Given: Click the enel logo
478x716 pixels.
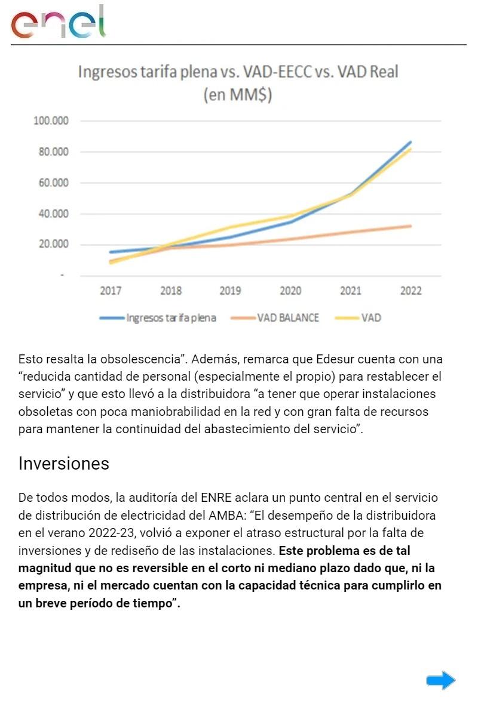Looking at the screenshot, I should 58,23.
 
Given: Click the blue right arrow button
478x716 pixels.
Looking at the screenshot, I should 441,680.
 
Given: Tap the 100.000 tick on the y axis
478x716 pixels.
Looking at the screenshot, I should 51,121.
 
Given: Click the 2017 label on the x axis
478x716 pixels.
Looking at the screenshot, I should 111,291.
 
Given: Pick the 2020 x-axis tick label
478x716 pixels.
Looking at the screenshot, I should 290,291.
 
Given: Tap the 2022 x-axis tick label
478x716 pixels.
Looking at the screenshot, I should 410,291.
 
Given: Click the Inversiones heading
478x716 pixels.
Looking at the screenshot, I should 64,464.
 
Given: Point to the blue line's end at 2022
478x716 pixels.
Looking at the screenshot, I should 410,142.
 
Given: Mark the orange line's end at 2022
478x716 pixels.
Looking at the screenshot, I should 410,226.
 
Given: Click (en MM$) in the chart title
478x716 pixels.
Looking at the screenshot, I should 238,95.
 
